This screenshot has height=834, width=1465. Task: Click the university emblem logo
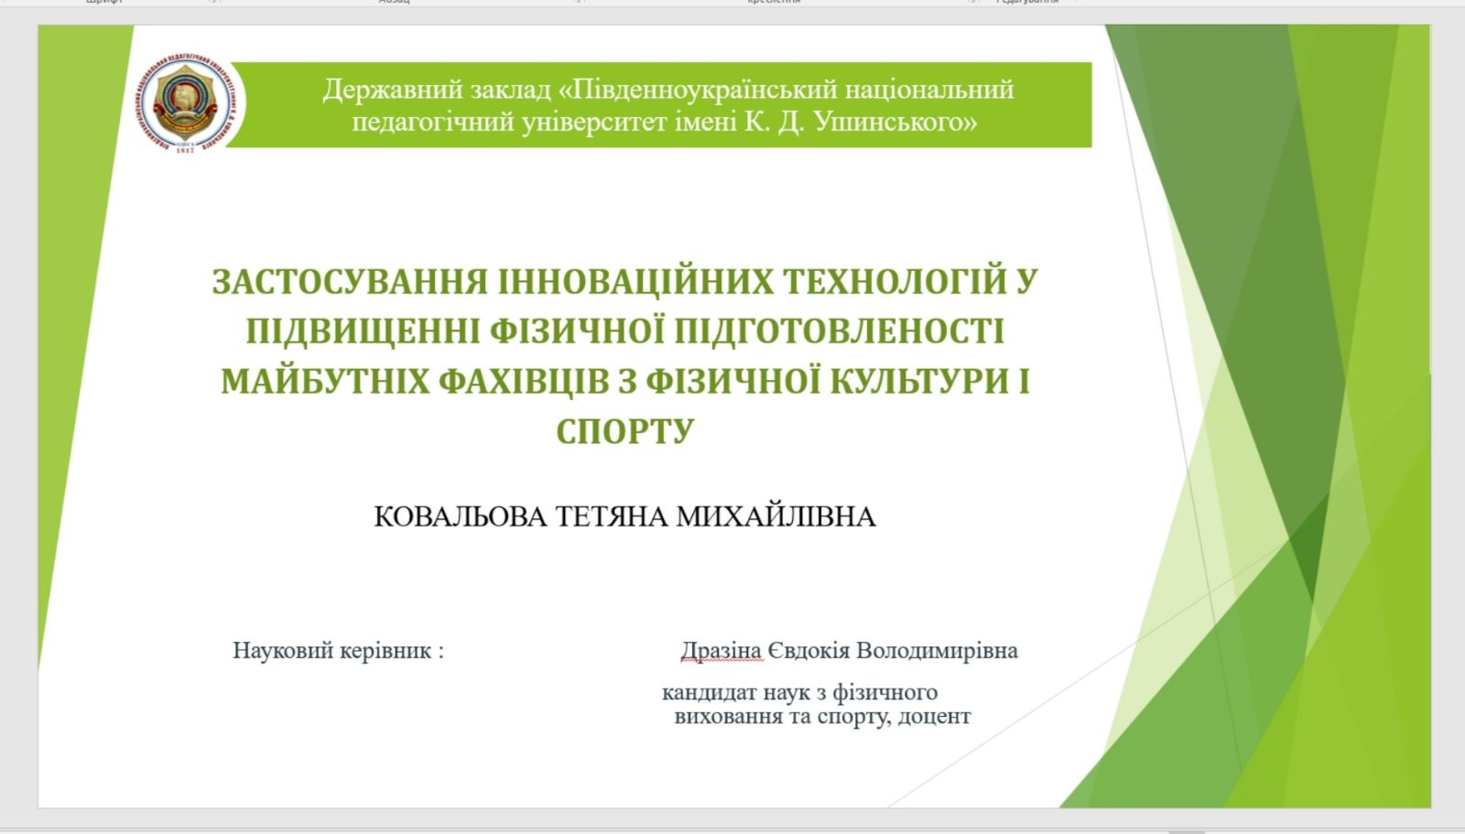[x=189, y=103]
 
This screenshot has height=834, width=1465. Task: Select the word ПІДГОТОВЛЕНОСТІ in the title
[x=839, y=331]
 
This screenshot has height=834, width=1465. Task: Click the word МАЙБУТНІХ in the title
[x=325, y=382]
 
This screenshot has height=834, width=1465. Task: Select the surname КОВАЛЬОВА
[x=460, y=516]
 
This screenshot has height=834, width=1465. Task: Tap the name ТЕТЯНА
[x=612, y=516]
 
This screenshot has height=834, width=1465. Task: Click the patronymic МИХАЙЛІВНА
[x=776, y=516]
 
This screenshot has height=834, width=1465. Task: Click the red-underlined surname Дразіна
[x=722, y=651]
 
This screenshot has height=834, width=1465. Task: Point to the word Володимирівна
[x=937, y=651]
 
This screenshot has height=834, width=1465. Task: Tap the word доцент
[x=935, y=717]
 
